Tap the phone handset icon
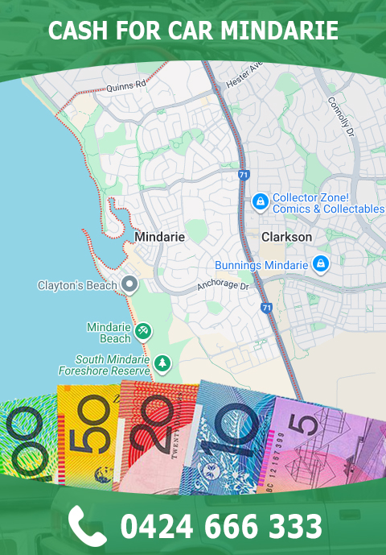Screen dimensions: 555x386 click(x=87, y=525)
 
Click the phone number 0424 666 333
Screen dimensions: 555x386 click(x=221, y=526)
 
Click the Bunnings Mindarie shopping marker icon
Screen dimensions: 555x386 click(x=321, y=263)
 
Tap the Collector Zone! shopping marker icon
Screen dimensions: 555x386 click(x=260, y=201)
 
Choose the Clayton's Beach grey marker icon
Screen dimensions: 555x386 click(x=129, y=284)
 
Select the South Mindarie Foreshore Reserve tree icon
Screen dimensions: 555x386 click(x=162, y=363)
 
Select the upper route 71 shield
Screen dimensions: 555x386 click(x=244, y=174)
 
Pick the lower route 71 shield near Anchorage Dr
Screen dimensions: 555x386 click(x=266, y=307)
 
